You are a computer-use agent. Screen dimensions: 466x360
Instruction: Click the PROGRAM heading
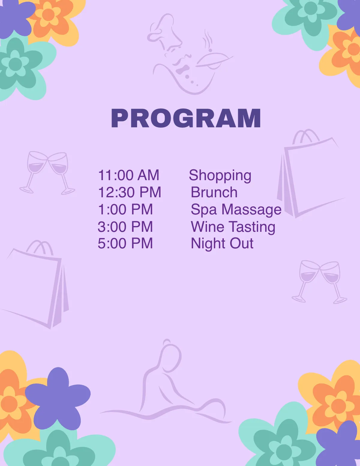click(186, 118)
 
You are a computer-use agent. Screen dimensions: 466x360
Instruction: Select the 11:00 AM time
click(129, 175)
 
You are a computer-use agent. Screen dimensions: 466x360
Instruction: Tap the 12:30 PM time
click(130, 192)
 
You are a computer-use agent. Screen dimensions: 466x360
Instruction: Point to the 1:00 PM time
click(125, 209)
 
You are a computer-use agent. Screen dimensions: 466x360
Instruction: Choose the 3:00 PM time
click(125, 227)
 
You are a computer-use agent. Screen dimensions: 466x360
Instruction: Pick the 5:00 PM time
click(125, 243)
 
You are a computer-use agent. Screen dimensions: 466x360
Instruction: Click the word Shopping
click(220, 176)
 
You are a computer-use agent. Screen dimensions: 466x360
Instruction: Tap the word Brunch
click(214, 192)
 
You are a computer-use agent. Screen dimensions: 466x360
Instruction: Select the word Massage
click(251, 210)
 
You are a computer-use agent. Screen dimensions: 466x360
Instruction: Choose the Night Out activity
click(222, 244)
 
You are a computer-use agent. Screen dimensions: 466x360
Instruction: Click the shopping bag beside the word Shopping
click(309, 174)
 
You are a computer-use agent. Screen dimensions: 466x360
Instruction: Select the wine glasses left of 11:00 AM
click(47, 173)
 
